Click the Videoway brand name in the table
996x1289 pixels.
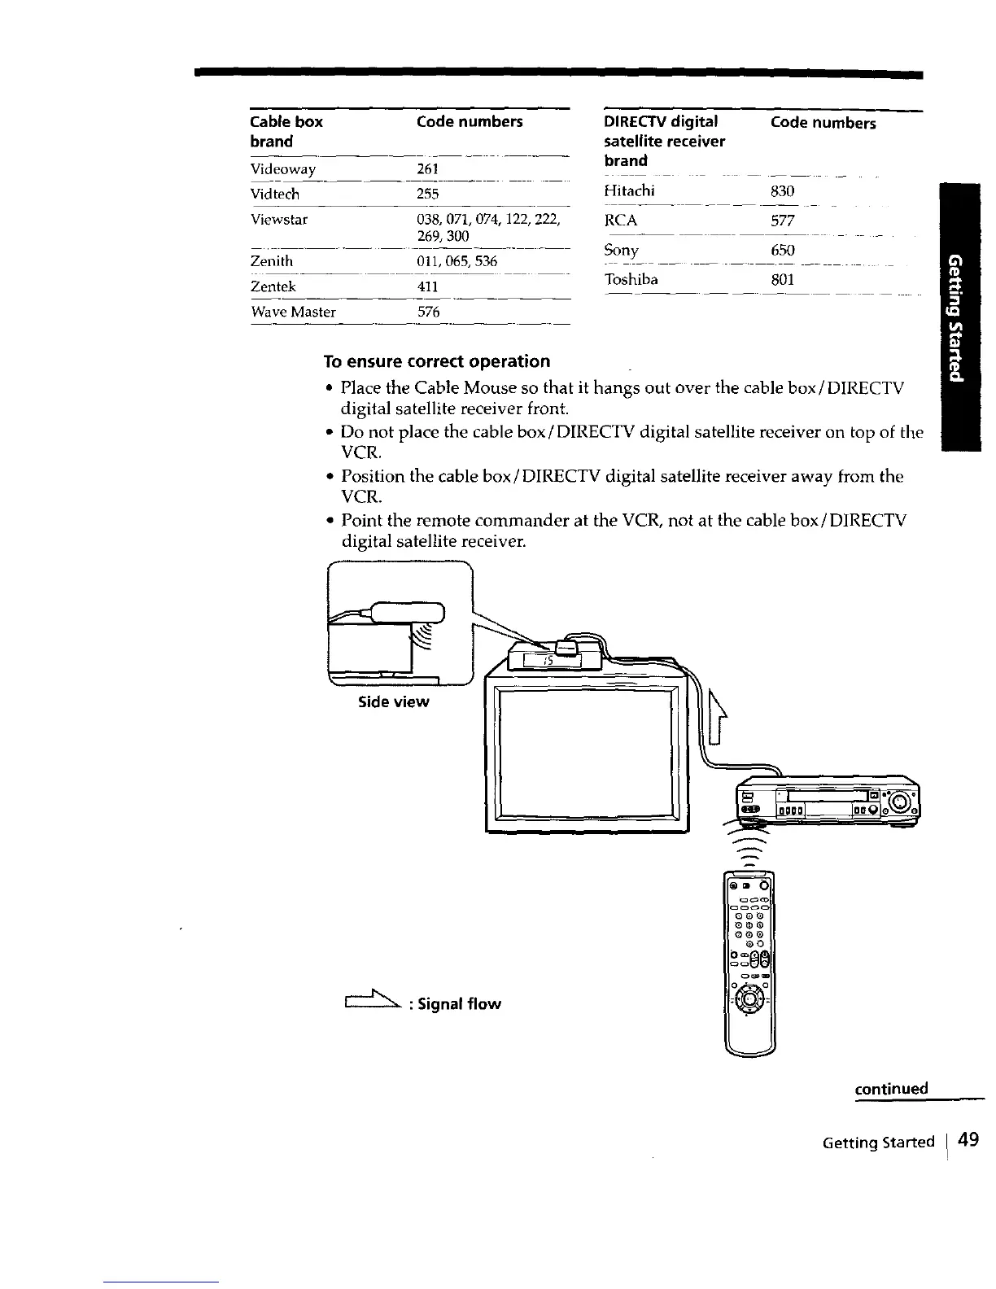pyautogui.click(x=283, y=169)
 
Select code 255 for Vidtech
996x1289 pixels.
pyautogui.click(x=427, y=194)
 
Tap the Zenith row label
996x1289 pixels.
pyautogui.click(x=272, y=261)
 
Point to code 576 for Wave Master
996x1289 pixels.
pyautogui.click(x=427, y=312)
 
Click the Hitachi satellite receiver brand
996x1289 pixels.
pyautogui.click(x=630, y=191)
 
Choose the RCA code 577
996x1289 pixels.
pyautogui.click(x=782, y=221)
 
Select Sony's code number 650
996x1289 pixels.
pyautogui.click(x=782, y=250)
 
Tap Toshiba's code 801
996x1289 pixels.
pyautogui.click(x=782, y=280)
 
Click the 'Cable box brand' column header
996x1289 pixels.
pyautogui.click(x=286, y=131)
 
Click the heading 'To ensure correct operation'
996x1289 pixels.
pyautogui.click(x=436, y=360)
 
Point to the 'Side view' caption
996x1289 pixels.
pyautogui.click(x=394, y=701)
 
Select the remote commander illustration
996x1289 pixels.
pyautogui.click(x=749, y=960)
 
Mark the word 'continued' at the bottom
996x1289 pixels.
pyautogui.click(x=891, y=1089)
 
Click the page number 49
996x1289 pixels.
pyautogui.click(x=968, y=1141)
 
